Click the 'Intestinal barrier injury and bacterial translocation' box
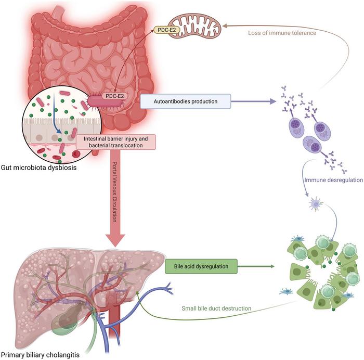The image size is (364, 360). coord(116,142)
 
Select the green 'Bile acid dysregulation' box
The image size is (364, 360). coord(200,267)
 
